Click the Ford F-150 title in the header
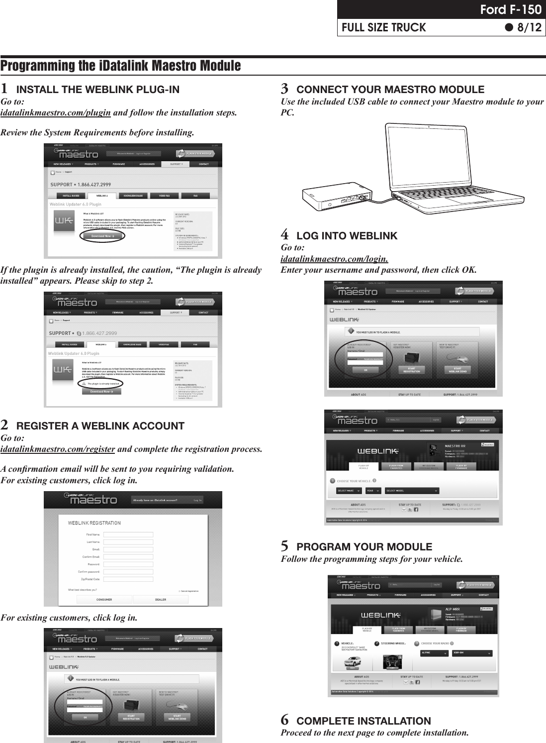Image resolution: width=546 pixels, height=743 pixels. [x=514, y=9]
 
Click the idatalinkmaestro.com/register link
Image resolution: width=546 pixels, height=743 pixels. [x=58, y=449]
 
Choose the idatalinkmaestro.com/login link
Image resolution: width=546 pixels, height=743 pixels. [x=334, y=259]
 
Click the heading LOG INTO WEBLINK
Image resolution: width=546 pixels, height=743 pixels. [x=347, y=236]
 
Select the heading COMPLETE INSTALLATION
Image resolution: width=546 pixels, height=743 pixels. [x=364, y=721]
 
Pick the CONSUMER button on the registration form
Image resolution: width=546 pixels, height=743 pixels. [x=104, y=600]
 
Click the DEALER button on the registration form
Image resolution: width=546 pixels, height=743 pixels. [x=161, y=600]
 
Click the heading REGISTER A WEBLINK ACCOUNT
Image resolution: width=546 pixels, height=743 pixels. [x=100, y=426]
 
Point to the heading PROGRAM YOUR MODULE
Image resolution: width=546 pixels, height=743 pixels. [x=364, y=547]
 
